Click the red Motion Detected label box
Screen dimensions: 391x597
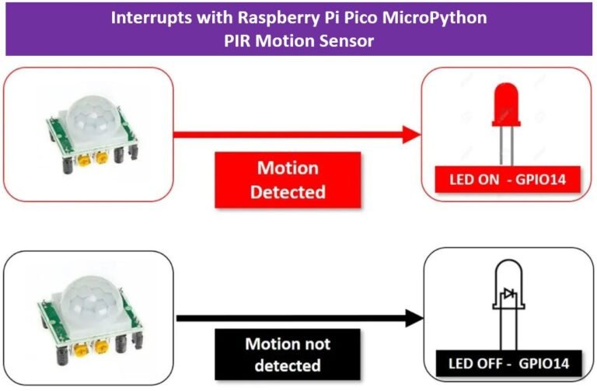(288, 180)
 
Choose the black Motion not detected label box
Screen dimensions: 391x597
(288, 354)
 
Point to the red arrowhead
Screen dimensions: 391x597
(413, 134)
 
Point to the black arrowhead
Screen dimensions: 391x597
(413, 318)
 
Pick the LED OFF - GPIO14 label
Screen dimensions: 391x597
(508, 362)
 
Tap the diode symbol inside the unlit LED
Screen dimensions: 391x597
(509, 295)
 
